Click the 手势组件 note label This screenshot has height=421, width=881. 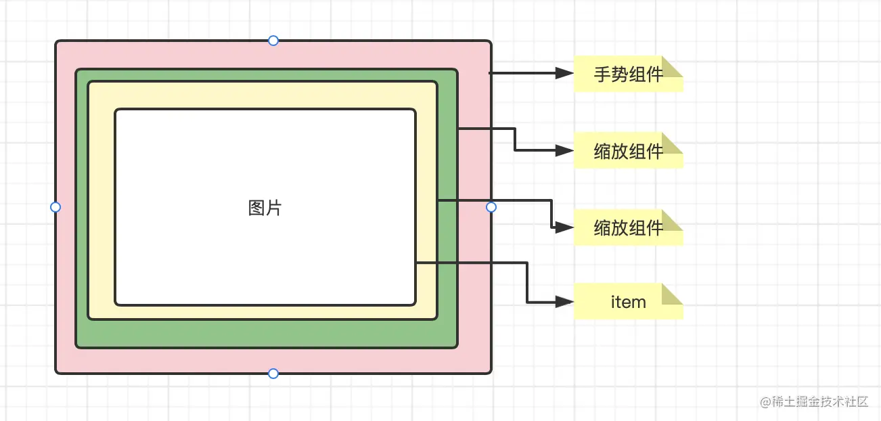click(628, 74)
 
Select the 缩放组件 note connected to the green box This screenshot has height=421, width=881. click(628, 151)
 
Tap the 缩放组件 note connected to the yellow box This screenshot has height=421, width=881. click(628, 228)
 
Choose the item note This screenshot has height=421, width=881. click(628, 302)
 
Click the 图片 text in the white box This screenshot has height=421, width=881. click(265, 208)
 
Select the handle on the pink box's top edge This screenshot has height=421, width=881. click(273, 41)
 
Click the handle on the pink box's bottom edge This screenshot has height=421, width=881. click(273, 374)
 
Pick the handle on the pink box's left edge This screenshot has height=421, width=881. click(55, 207)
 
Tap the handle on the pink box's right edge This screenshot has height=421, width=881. click(491, 207)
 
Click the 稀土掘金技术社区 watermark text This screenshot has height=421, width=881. click(821, 401)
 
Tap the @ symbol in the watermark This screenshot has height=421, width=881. click(767, 402)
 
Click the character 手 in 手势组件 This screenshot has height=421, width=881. click(602, 74)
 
